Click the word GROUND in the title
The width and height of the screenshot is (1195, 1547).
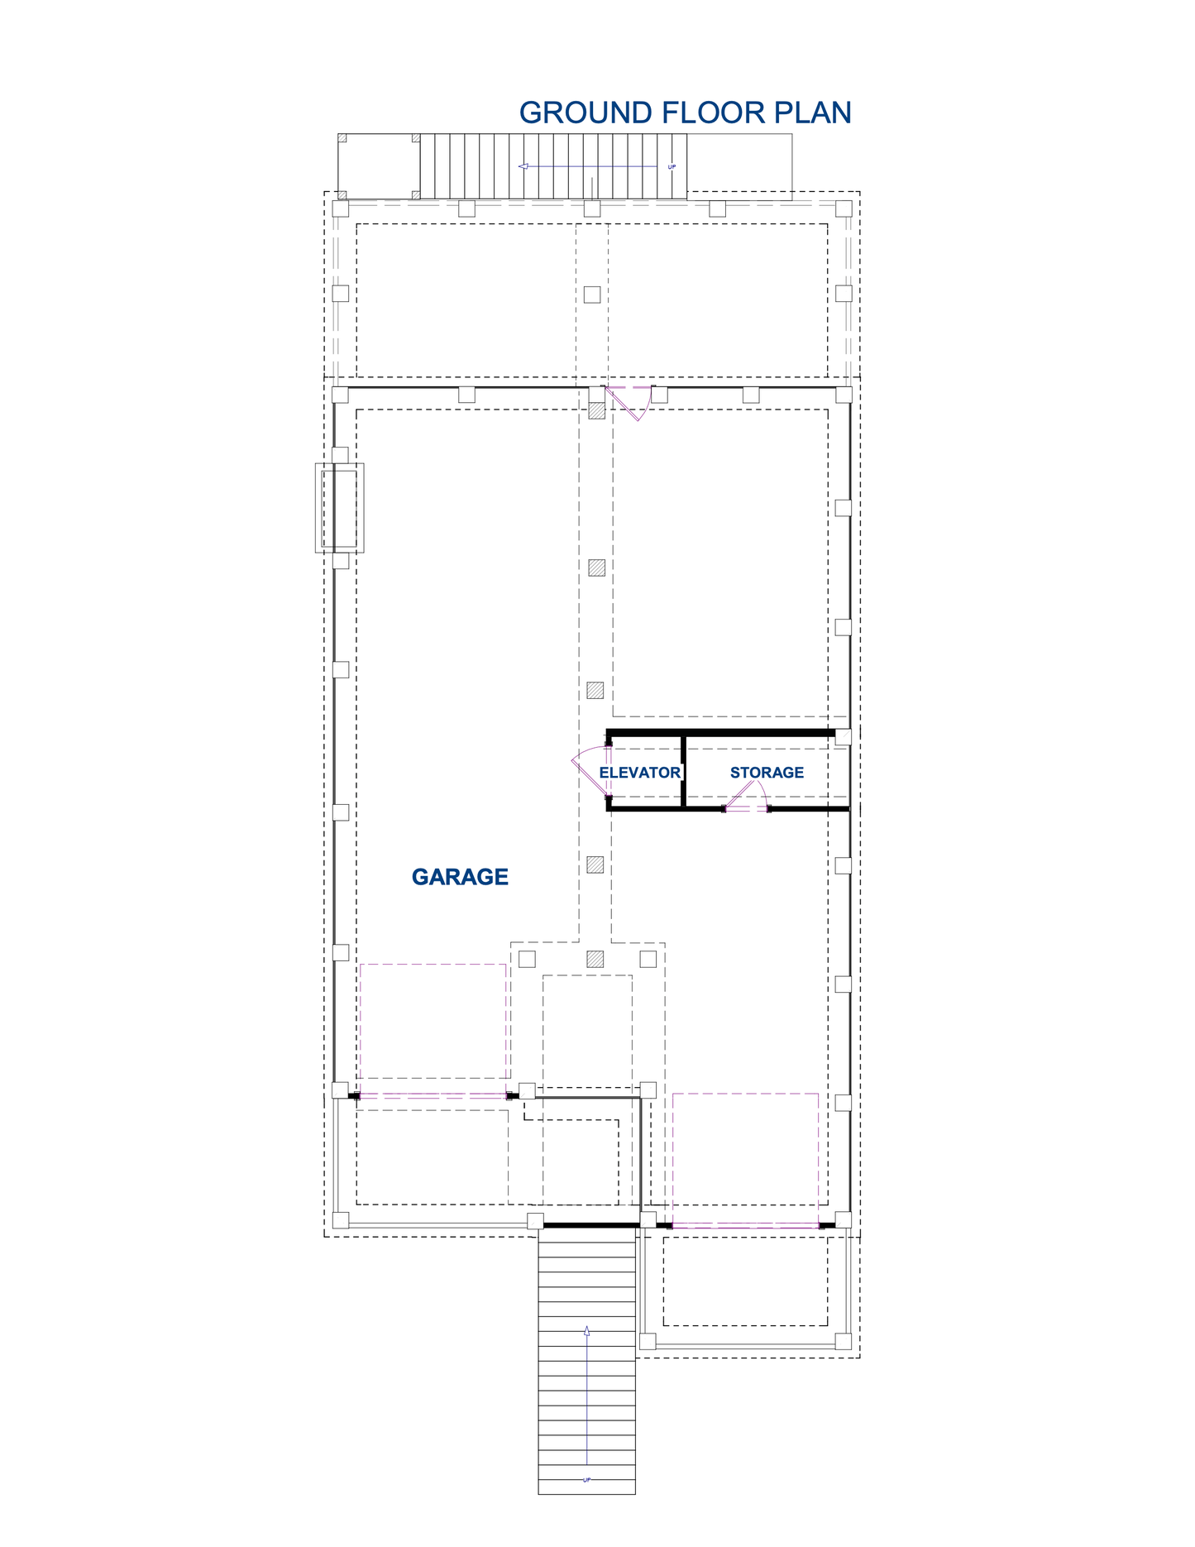pyautogui.click(x=586, y=113)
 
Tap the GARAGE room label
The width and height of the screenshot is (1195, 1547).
pyautogui.click(x=460, y=877)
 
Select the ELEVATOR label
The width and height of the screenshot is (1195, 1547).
pyautogui.click(x=640, y=773)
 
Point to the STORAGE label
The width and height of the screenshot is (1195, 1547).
pyautogui.click(x=767, y=773)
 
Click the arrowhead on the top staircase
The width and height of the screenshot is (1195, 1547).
pyautogui.click(x=523, y=166)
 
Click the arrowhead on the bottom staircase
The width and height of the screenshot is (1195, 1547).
pyautogui.click(x=587, y=1331)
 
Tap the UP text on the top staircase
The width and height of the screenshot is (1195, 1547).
pyautogui.click(x=672, y=167)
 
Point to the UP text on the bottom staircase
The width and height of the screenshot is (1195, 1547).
pyautogui.click(x=587, y=1480)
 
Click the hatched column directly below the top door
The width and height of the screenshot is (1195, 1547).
pyautogui.click(x=596, y=411)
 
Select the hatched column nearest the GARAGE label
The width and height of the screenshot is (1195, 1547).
pyautogui.click(x=595, y=864)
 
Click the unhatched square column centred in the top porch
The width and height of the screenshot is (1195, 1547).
pyautogui.click(x=592, y=294)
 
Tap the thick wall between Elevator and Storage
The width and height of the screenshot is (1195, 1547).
pyautogui.click(x=684, y=770)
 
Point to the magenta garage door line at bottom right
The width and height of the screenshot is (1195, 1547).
pyautogui.click(x=746, y=1224)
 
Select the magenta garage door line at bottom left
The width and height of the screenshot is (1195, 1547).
pyautogui.click(x=433, y=1095)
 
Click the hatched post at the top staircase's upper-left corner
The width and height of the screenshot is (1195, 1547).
pyautogui.click(x=342, y=138)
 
